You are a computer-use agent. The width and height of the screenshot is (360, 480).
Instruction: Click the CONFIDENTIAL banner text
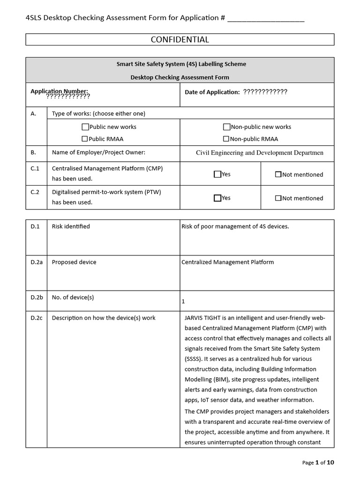pos(180,40)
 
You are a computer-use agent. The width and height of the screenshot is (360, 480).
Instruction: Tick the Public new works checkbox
pos(85,127)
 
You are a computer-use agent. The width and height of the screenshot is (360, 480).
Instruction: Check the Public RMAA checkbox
pos(85,139)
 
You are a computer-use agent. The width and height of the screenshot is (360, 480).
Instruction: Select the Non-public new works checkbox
pos(226,127)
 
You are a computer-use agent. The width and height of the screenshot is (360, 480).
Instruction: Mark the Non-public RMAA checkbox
pos(226,139)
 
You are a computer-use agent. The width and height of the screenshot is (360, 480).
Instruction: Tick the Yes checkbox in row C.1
pos(217,174)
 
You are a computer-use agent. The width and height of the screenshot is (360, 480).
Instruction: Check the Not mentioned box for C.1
pos(278,174)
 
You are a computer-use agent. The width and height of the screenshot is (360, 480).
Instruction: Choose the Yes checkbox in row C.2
pos(217,198)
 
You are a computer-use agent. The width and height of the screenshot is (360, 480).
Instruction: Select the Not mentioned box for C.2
pos(278,198)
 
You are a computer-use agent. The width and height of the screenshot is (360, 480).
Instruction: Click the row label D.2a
pos(37,262)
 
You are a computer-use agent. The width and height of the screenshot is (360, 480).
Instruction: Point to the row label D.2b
pos(37,297)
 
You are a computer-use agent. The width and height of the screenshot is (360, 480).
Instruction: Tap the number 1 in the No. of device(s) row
pos(183,302)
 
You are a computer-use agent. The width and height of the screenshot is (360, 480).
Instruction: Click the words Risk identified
pos(71,226)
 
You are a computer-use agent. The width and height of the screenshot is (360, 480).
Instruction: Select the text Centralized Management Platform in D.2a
pos(227,262)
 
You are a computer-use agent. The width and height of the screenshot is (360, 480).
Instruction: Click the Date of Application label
pos(212,92)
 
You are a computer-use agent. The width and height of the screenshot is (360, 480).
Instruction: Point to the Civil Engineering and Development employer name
pos(259,153)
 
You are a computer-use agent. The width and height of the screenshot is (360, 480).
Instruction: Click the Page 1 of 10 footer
pos(318,463)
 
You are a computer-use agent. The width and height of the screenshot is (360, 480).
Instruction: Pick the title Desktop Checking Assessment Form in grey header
pos(180,77)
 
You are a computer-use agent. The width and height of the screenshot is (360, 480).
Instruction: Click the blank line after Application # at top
pos(265,19)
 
